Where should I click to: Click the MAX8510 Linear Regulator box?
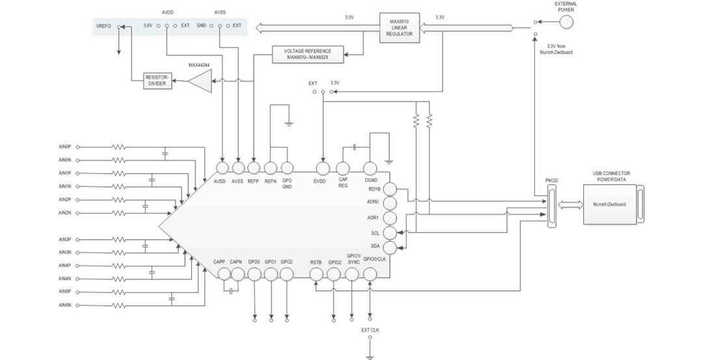[399, 28]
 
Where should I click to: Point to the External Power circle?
[567, 22]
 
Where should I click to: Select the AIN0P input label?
[64, 147]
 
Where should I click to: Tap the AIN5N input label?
[64, 305]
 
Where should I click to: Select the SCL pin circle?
[390, 232]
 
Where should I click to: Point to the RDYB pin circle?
[390, 189]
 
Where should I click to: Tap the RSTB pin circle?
[316, 275]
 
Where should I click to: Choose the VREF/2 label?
[103, 25]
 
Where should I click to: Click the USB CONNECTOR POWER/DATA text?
[611, 176]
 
